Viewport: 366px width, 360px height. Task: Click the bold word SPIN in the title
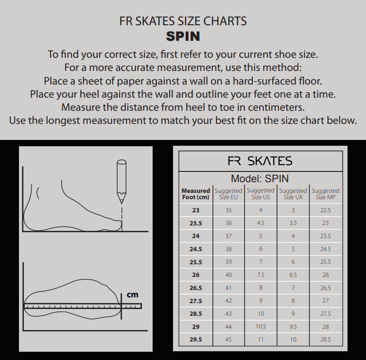pos(183,36)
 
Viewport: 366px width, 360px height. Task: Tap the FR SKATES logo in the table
pos(260,161)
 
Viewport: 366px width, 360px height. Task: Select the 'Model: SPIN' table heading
pos(260,179)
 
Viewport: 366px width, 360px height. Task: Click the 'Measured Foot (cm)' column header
pos(195,194)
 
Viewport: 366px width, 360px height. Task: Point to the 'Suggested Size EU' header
pos(228,194)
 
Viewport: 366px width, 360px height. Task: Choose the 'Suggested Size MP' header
pos(325,194)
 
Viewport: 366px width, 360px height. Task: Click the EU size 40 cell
pos(228,275)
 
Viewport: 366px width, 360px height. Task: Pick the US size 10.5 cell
pos(261,326)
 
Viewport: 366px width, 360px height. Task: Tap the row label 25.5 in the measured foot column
pos(195,262)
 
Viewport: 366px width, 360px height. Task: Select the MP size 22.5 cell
pos(326,210)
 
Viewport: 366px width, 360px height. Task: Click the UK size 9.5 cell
pos(293,326)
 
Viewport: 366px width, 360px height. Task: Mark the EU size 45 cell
pos(228,340)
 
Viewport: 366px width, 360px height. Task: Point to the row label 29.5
pos(195,340)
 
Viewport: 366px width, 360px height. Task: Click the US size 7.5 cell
pos(261,275)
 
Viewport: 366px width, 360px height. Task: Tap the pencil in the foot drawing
pos(122,181)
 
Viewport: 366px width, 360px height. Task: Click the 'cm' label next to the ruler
pos(133,295)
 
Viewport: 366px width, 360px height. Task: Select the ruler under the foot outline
pos(83,306)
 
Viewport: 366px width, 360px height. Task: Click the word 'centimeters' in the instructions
pos(276,107)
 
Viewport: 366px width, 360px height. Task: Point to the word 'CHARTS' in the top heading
pos(225,21)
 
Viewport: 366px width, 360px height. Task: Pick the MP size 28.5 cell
pos(326,340)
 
